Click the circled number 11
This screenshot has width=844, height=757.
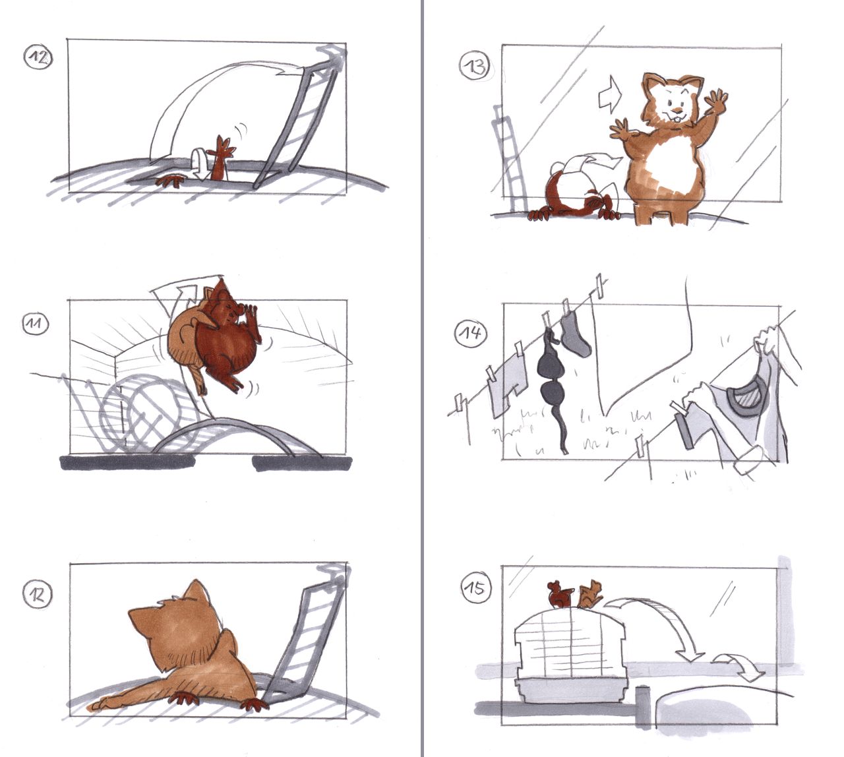pos(36,324)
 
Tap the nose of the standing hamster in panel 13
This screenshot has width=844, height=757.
pos(678,111)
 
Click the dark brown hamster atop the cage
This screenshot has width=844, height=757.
pos(559,593)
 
